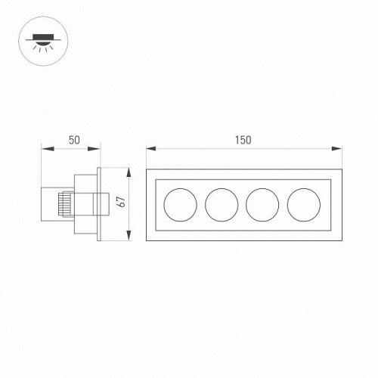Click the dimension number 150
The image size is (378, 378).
pyautogui.click(x=242, y=140)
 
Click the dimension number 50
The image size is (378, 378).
pyautogui.click(x=74, y=140)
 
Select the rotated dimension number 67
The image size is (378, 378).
pyautogui.click(x=119, y=203)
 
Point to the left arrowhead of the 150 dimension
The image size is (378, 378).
pyautogui.click(x=149, y=149)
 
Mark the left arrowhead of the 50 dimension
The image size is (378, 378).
pyautogui.click(x=42, y=149)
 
